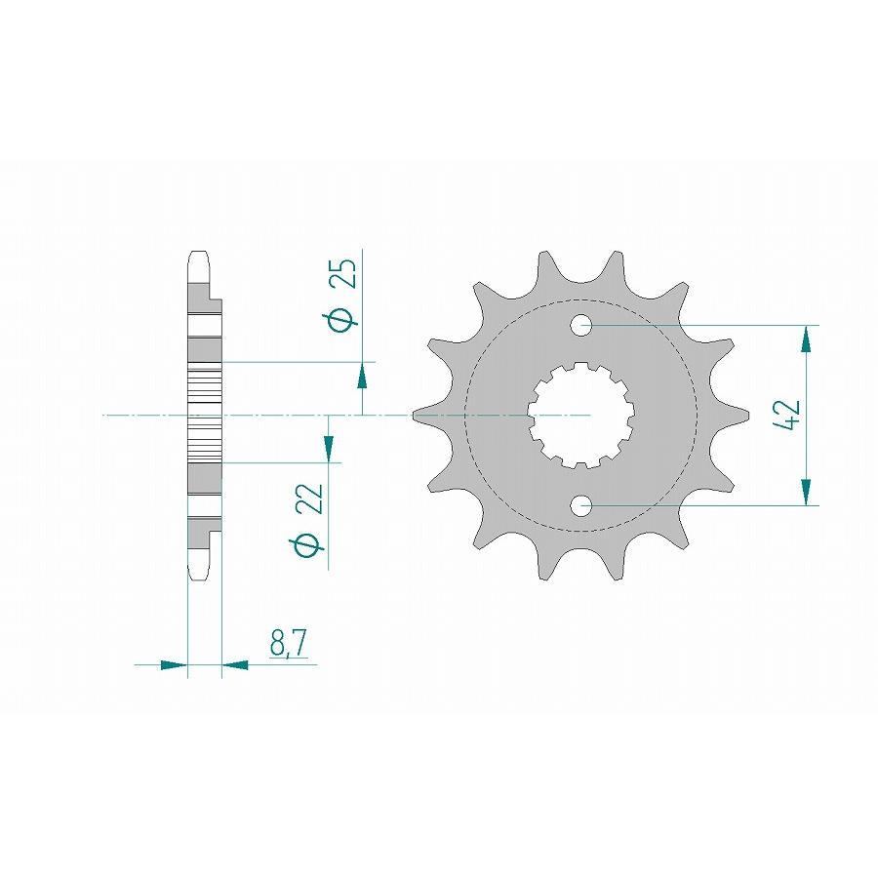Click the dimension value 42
tap(789, 415)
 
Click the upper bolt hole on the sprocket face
tap(582, 325)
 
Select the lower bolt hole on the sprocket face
tap(582, 505)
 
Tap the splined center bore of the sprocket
tap(582, 416)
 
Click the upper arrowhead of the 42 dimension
tap(806, 340)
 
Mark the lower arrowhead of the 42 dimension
tap(806, 492)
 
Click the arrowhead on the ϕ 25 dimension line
tap(363, 375)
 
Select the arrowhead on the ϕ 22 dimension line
tap(328, 448)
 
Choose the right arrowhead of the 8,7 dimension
tap(236, 666)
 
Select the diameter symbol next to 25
tap(340, 319)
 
